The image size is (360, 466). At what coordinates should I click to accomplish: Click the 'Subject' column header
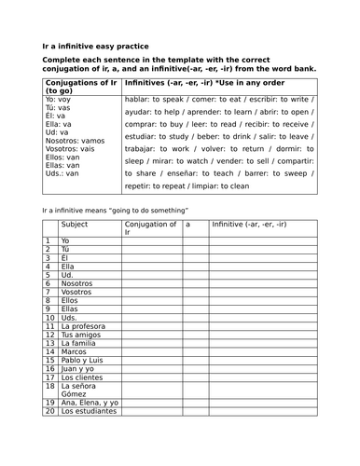coord(75,225)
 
